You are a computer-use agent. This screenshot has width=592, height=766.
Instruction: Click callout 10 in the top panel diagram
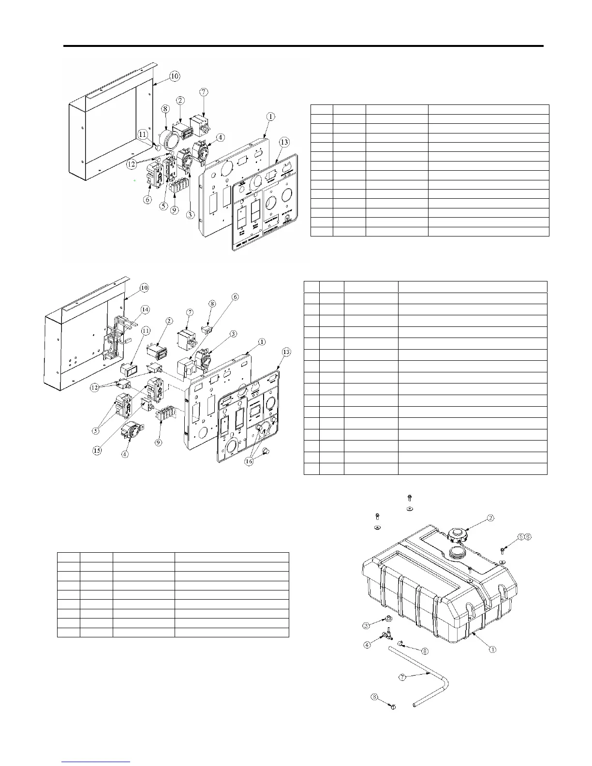(175, 76)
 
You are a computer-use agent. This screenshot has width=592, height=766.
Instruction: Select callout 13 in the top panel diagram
(284, 142)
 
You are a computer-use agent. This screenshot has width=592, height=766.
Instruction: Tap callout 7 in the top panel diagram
(204, 92)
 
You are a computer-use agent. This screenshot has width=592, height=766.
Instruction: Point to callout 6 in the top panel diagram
(148, 199)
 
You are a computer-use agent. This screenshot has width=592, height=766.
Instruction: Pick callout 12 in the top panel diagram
(131, 164)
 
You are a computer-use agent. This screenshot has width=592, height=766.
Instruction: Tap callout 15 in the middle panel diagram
(98, 450)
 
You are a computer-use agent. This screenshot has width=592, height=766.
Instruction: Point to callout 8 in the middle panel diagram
(212, 304)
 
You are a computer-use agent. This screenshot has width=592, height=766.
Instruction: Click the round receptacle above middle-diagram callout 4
(129, 429)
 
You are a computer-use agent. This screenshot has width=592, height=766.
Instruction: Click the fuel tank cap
(456, 535)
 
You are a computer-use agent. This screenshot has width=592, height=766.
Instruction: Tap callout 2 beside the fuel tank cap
(490, 518)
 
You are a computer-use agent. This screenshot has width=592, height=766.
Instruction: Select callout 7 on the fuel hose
(402, 677)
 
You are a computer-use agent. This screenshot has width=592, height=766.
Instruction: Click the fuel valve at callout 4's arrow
(386, 635)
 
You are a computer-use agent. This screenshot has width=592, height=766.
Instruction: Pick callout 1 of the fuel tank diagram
(492, 649)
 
